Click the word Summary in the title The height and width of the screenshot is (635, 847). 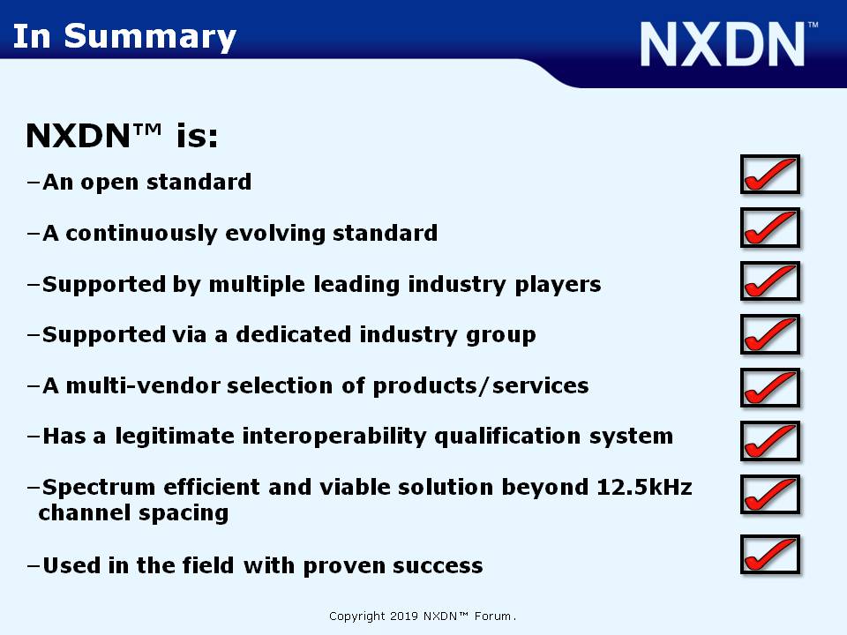[x=150, y=38]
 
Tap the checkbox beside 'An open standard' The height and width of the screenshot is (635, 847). [x=769, y=175]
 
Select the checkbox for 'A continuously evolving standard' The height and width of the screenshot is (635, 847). [x=769, y=228]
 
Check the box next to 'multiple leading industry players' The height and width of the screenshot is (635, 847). [x=769, y=280]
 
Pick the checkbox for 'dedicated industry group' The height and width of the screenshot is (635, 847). [x=769, y=334]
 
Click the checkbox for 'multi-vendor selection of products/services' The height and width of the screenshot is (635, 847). [x=769, y=387]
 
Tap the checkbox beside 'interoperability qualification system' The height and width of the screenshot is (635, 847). [x=769, y=441]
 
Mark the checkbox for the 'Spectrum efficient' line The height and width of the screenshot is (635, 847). [x=769, y=494]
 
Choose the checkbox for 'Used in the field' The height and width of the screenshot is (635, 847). [x=769, y=554]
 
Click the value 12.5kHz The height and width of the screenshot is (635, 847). [x=644, y=487]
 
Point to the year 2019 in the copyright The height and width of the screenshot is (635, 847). [x=404, y=616]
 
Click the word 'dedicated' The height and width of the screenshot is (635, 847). [x=294, y=335]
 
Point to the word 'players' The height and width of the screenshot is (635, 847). [x=558, y=285]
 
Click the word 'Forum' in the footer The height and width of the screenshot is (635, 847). [x=492, y=616]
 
